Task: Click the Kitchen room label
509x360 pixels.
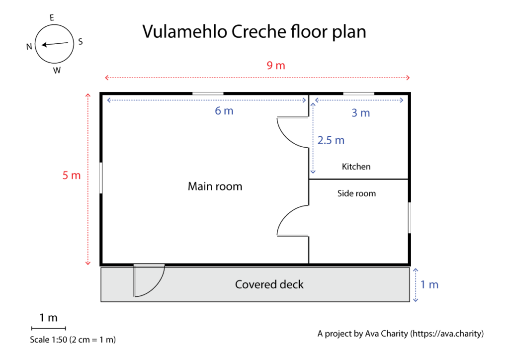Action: click(356, 167)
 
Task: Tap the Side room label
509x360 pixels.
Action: click(356, 193)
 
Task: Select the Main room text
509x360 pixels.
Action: click(215, 186)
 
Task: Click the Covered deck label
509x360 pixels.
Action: click(269, 284)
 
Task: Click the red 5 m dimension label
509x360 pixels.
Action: click(72, 176)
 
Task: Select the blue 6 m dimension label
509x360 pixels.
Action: click(224, 111)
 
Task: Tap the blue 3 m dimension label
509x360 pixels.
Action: click(360, 113)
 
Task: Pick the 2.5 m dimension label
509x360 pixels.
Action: click(331, 140)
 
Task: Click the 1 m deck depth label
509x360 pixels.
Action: click(429, 284)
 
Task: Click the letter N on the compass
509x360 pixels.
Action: click(29, 46)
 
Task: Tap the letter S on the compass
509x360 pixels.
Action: click(81, 42)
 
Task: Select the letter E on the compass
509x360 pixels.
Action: click(52, 18)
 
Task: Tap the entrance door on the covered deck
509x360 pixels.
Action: click(148, 281)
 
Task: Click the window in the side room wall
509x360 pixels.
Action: click(410, 217)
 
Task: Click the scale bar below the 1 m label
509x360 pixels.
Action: click(48, 328)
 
